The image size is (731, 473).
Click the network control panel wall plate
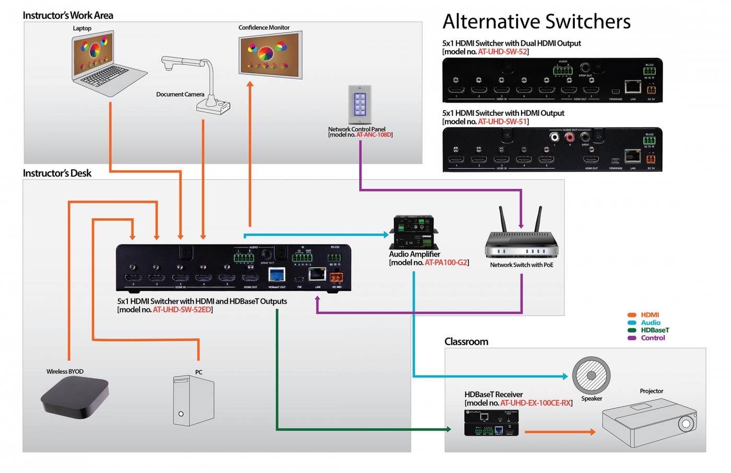tap(360, 104)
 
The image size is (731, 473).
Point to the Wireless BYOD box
tap(75, 397)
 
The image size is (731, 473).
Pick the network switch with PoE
tap(521, 240)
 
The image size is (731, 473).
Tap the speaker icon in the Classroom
tap(591, 375)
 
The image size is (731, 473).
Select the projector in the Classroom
tap(650, 423)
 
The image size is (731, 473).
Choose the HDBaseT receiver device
tap(491, 423)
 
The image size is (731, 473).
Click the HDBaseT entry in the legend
tap(654, 330)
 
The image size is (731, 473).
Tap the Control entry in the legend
tap(653, 338)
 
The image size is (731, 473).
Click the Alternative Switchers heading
tap(536, 21)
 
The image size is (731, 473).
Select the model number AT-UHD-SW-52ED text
tap(182, 310)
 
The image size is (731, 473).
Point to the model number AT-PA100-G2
tap(446, 263)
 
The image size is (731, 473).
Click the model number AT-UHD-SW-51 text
tap(502, 122)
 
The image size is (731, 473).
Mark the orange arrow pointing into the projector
tap(560, 432)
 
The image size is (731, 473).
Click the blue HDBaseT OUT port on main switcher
tap(276, 275)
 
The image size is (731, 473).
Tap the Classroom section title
tap(466, 341)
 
